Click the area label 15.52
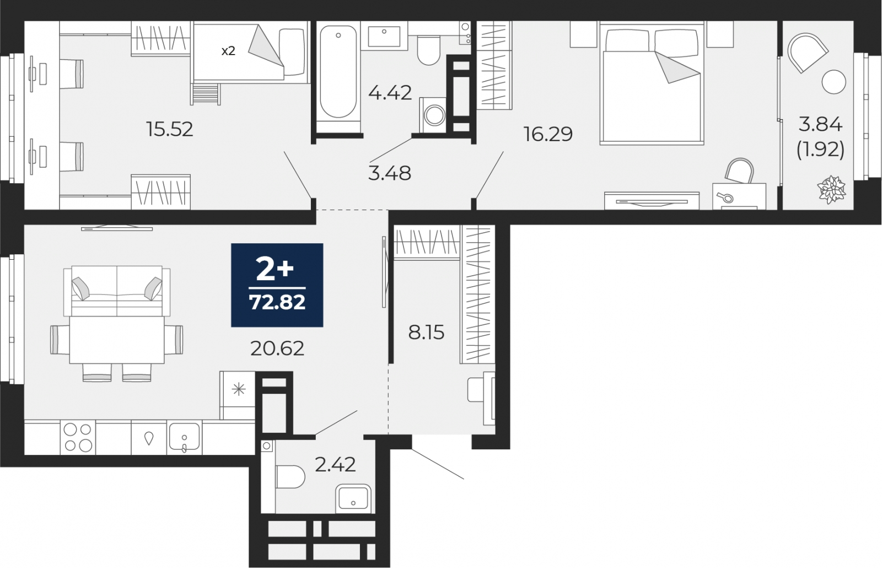coord(169,129)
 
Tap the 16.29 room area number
coord(548,135)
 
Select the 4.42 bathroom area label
coord(390,93)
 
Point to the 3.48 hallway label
coord(389,173)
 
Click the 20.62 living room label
coord(277,348)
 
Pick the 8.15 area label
coord(426,333)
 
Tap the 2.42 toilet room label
coord(336,464)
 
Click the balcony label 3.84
coord(820,125)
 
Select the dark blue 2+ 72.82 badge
coord(277,285)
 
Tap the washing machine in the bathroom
coord(433,115)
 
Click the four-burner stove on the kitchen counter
coord(78,437)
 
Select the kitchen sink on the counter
coord(184,437)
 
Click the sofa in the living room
coord(117,291)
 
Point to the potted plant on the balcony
coord(831,190)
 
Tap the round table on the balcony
coord(834,82)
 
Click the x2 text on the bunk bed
coord(228,51)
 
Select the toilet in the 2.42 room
coord(290,476)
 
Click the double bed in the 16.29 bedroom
coord(652,84)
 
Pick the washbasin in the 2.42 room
coord(353,499)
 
